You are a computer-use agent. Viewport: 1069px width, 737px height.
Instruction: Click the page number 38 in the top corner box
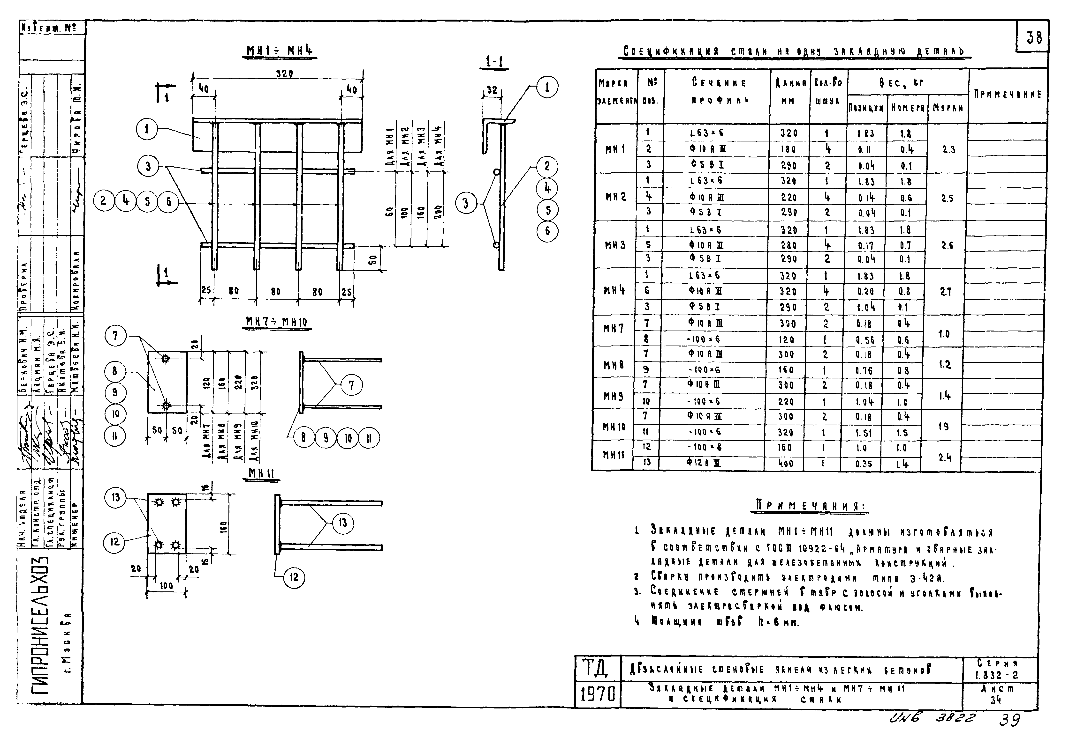pos(1034,37)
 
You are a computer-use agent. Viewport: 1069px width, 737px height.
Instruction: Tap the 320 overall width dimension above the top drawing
pos(284,74)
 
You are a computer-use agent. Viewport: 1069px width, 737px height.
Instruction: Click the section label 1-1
pos(494,61)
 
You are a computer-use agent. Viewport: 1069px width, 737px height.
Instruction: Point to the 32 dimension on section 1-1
pos(492,89)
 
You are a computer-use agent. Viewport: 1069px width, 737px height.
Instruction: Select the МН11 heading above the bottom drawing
pos(261,473)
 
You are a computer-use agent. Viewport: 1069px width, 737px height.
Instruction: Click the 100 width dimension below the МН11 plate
pos(166,586)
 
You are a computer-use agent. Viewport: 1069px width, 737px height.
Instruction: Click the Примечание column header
pos(1008,94)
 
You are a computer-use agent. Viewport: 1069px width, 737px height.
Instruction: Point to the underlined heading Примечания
pos(811,506)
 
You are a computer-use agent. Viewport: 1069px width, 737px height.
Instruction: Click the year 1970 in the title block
pos(598,693)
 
